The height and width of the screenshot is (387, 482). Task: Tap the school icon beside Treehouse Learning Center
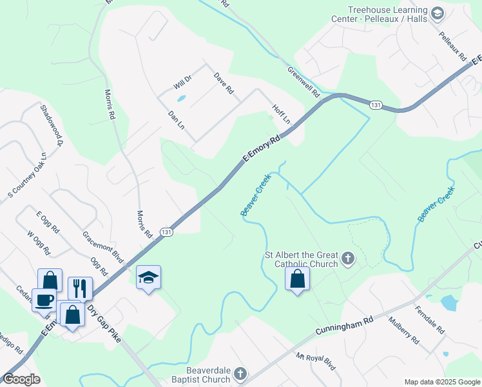(x=438, y=13)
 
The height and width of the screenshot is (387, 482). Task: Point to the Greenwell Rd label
(x=304, y=82)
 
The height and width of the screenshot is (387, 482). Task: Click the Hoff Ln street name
(x=282, y=114)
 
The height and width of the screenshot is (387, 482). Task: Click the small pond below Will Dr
(x=181, y=99)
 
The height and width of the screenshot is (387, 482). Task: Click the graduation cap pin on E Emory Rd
(x=149, y=277)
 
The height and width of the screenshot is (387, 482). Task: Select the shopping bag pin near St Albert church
(x=297, y=278)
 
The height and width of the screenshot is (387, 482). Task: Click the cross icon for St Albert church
(x=348, y=259)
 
